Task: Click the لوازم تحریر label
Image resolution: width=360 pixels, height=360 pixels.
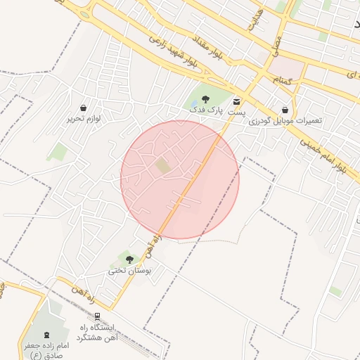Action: coord(84,119)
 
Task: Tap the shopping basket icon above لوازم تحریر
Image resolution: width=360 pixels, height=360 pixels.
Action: coord(84,108)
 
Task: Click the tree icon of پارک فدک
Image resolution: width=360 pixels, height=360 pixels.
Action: coord(205,99)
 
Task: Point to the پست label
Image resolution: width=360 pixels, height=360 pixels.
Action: coord(236,112)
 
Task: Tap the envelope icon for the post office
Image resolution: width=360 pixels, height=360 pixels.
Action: coord(236,101)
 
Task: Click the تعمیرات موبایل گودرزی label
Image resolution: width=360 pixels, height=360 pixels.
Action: coord(285,121)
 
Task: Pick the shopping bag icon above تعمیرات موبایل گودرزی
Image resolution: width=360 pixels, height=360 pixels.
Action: coord(285,110)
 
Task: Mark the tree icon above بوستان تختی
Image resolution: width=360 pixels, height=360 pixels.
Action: coord(129,259)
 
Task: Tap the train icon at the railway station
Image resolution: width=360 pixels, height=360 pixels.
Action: coord(97,316)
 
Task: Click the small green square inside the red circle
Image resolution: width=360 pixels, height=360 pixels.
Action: coord(162,166)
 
